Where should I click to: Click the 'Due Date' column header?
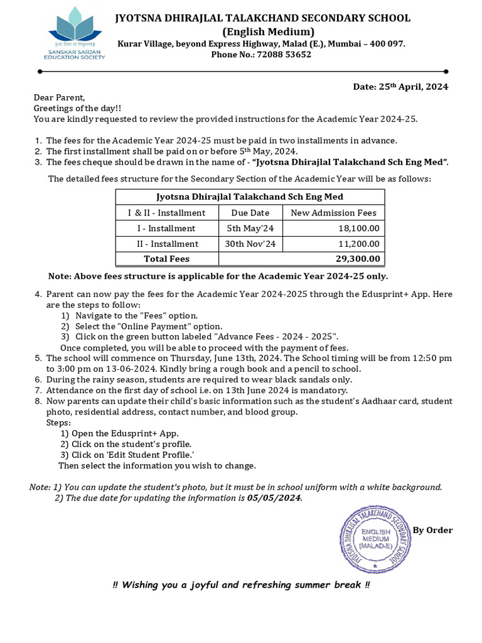tap(250, 213)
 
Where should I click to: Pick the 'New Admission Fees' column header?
tap(334, 213)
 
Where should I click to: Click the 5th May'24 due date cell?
tap(250, 228)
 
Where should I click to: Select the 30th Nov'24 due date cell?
tap(250, 244)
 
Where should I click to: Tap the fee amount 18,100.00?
tap(358, 228)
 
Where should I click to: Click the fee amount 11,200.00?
tap(358, 244)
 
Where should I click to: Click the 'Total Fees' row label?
tap(166, 259)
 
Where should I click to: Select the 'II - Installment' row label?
tap(167, 244)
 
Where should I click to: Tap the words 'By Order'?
tap(432, 530)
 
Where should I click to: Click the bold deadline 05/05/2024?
tap(274, 498)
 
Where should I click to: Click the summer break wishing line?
tap(241, 585)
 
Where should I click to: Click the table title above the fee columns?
tap(250, 197)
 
